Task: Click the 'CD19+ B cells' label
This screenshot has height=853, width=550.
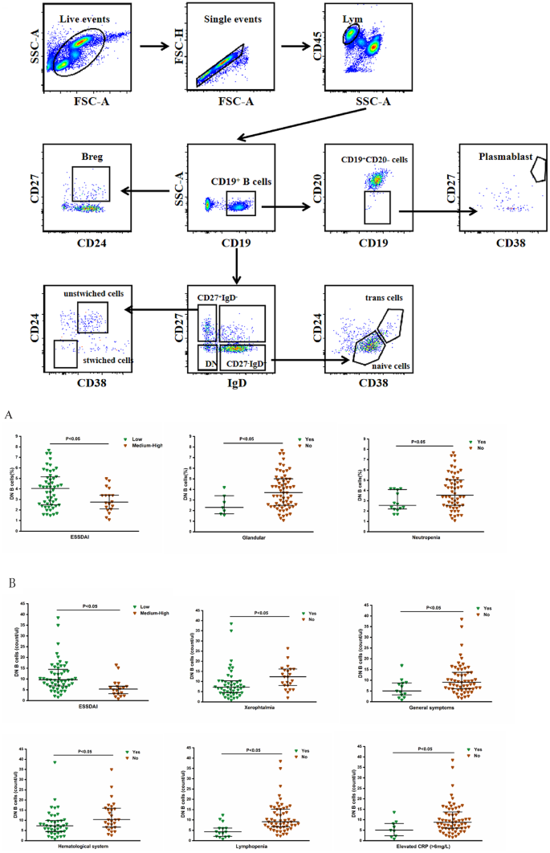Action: point(242,182)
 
